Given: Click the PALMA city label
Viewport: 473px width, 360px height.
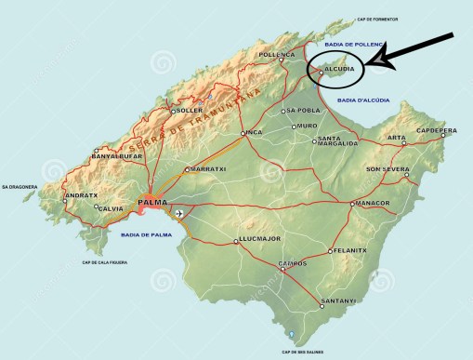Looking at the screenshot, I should tap(151, 202).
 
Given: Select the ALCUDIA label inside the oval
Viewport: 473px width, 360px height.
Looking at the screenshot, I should tap(340, 70).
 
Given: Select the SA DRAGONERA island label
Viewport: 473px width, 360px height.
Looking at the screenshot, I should tap(20, 187).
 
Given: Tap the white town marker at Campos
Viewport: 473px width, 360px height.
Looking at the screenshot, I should tap(282, 270).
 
